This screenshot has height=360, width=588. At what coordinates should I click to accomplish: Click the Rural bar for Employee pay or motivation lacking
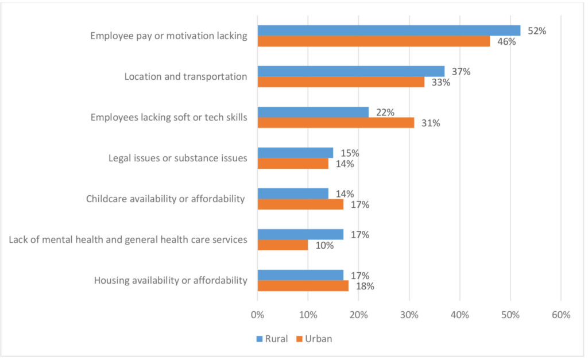point(389,30)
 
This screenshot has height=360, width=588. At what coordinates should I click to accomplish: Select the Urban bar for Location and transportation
point(341,82)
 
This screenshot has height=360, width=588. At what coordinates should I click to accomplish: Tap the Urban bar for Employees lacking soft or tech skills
point(336,123)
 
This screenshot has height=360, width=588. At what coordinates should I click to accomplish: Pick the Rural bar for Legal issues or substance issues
point(295,153)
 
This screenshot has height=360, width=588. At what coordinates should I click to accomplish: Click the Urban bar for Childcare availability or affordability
point(300,204)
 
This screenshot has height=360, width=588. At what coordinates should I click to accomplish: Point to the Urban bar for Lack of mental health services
point(283,245)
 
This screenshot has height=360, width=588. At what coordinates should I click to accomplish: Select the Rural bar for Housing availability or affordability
point(300,275)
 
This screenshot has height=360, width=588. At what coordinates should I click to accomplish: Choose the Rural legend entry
point(272,338)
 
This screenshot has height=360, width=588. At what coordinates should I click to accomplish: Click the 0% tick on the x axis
point(257,315)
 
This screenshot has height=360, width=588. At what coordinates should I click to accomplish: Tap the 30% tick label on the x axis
point(409,315)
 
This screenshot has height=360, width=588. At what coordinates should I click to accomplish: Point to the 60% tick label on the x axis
point(560,315)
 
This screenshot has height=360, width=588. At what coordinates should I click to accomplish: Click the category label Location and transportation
point(185,76)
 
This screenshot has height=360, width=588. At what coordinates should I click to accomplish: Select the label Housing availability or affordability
point(171,281)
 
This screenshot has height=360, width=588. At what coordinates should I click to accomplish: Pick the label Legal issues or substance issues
point(178,158)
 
